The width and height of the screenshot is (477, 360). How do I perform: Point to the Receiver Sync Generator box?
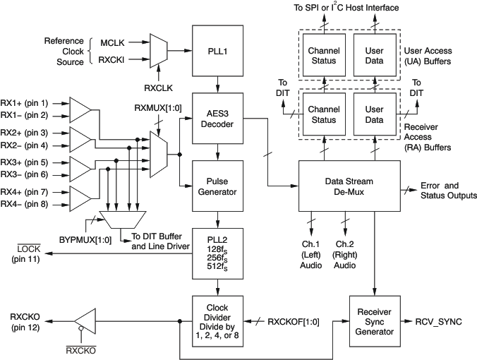pos(374,321)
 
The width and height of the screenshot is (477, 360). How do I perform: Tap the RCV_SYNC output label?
pos(440,321)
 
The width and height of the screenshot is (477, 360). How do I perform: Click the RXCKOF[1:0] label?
pos(294,321)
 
